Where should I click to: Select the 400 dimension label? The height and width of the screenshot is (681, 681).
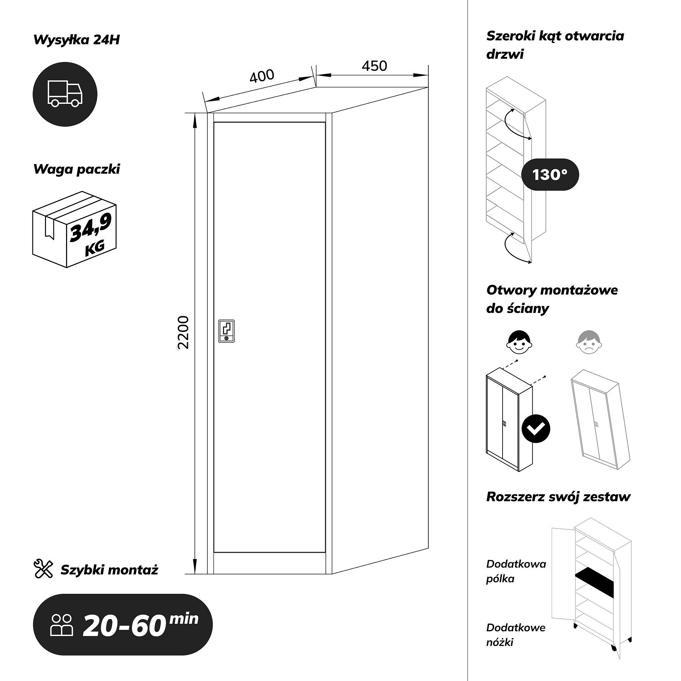(262, 76)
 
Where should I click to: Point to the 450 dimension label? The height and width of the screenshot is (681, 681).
(374, 66)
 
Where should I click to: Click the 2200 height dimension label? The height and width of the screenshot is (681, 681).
(184, 332)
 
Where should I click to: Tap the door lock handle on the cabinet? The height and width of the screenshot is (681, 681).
(226, 331)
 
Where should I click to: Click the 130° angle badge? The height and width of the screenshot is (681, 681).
(550, 175)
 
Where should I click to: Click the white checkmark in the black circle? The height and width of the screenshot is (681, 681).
(536, 429)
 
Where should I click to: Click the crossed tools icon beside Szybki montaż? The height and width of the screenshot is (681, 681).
(43, 569)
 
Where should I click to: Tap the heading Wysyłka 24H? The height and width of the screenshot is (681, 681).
(77, 40)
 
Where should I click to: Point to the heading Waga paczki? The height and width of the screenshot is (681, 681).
(77, 169)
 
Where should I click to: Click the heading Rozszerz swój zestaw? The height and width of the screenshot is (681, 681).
(558, 497)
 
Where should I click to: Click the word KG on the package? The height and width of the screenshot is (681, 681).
(95, 248)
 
